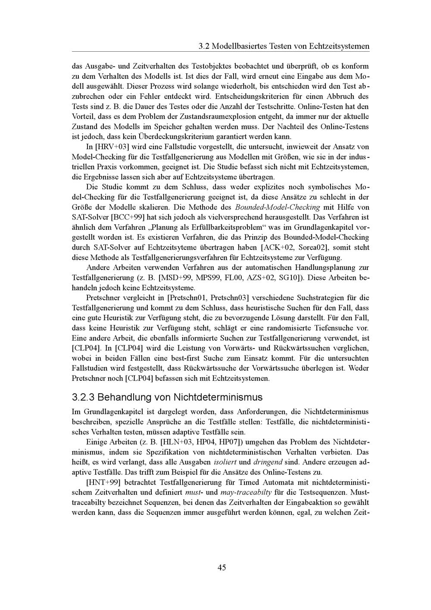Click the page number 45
222,568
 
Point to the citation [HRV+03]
112,147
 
